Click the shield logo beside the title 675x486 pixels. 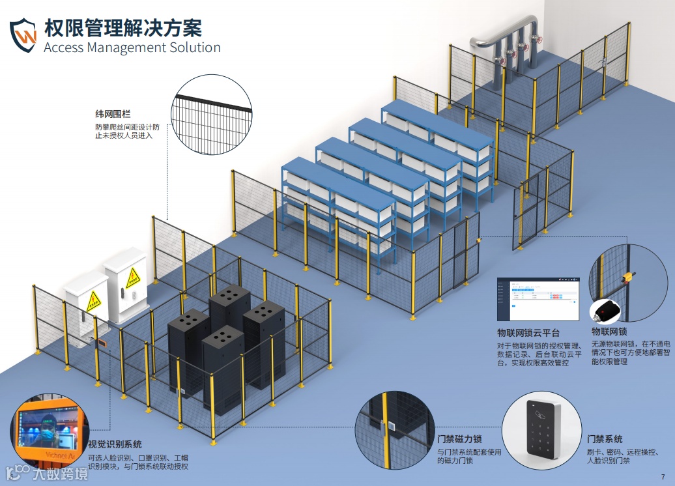point(23,35)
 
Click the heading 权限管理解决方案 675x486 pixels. point(123,28)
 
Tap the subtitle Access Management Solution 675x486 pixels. point(132,48)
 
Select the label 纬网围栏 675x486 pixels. point(113,114)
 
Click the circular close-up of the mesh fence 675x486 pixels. point(211,116)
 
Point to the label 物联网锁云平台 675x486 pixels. point(528,332)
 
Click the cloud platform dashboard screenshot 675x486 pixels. point(538,299)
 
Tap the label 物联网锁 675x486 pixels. point(609,332)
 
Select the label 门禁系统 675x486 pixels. point(605,439)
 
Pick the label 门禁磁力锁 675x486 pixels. point(460,438)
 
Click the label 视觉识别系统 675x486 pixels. point(115,444)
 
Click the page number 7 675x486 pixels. point(663,476)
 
